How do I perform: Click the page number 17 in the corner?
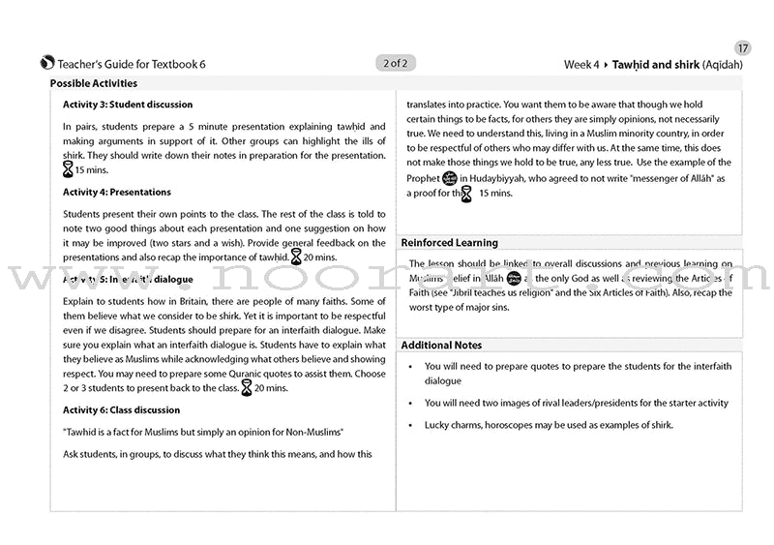tap(742, 48)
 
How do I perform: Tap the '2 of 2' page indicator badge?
tap(395, 64)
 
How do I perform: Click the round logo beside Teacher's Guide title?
tap(47, 64)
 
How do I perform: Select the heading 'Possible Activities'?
tap(94, 84)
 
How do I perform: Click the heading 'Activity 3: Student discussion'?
tap(128, 105)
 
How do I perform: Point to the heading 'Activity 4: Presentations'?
tap(117, 193)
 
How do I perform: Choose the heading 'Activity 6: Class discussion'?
tap(121, 410)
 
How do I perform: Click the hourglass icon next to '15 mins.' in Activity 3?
tap(67, 169)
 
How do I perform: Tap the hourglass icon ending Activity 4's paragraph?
tap(296, 257)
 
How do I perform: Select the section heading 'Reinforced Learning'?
tap(450, 243)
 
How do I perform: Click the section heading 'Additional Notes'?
tap(441, 346)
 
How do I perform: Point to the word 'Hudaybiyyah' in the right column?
tap(501, 179)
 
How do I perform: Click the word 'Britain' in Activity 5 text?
tap(194, 302)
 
